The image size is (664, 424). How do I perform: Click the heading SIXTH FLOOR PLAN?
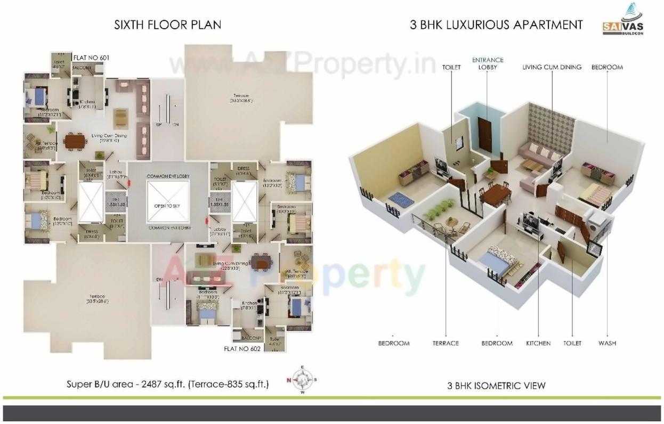coord(167,25)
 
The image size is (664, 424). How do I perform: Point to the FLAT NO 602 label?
coord(242,349)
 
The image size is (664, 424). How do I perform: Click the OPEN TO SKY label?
coord(167,206)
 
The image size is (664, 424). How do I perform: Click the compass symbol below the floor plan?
coord(303,380)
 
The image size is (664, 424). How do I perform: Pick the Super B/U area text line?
coord(167,384)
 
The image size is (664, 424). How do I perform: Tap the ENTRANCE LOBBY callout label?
coord(488,64)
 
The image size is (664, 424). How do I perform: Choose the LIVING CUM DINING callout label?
coord(552,68)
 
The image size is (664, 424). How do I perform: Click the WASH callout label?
coord(607,344)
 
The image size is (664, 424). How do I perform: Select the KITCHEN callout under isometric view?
coord(538,344)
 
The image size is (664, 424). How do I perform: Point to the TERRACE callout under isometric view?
coord(446,344)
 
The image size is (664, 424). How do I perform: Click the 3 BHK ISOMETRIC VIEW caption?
coord(496,386)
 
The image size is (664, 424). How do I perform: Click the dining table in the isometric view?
coord(496,193)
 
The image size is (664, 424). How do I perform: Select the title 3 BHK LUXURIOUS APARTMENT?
coord(496,25)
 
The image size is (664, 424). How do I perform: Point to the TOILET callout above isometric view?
coord(451,68)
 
